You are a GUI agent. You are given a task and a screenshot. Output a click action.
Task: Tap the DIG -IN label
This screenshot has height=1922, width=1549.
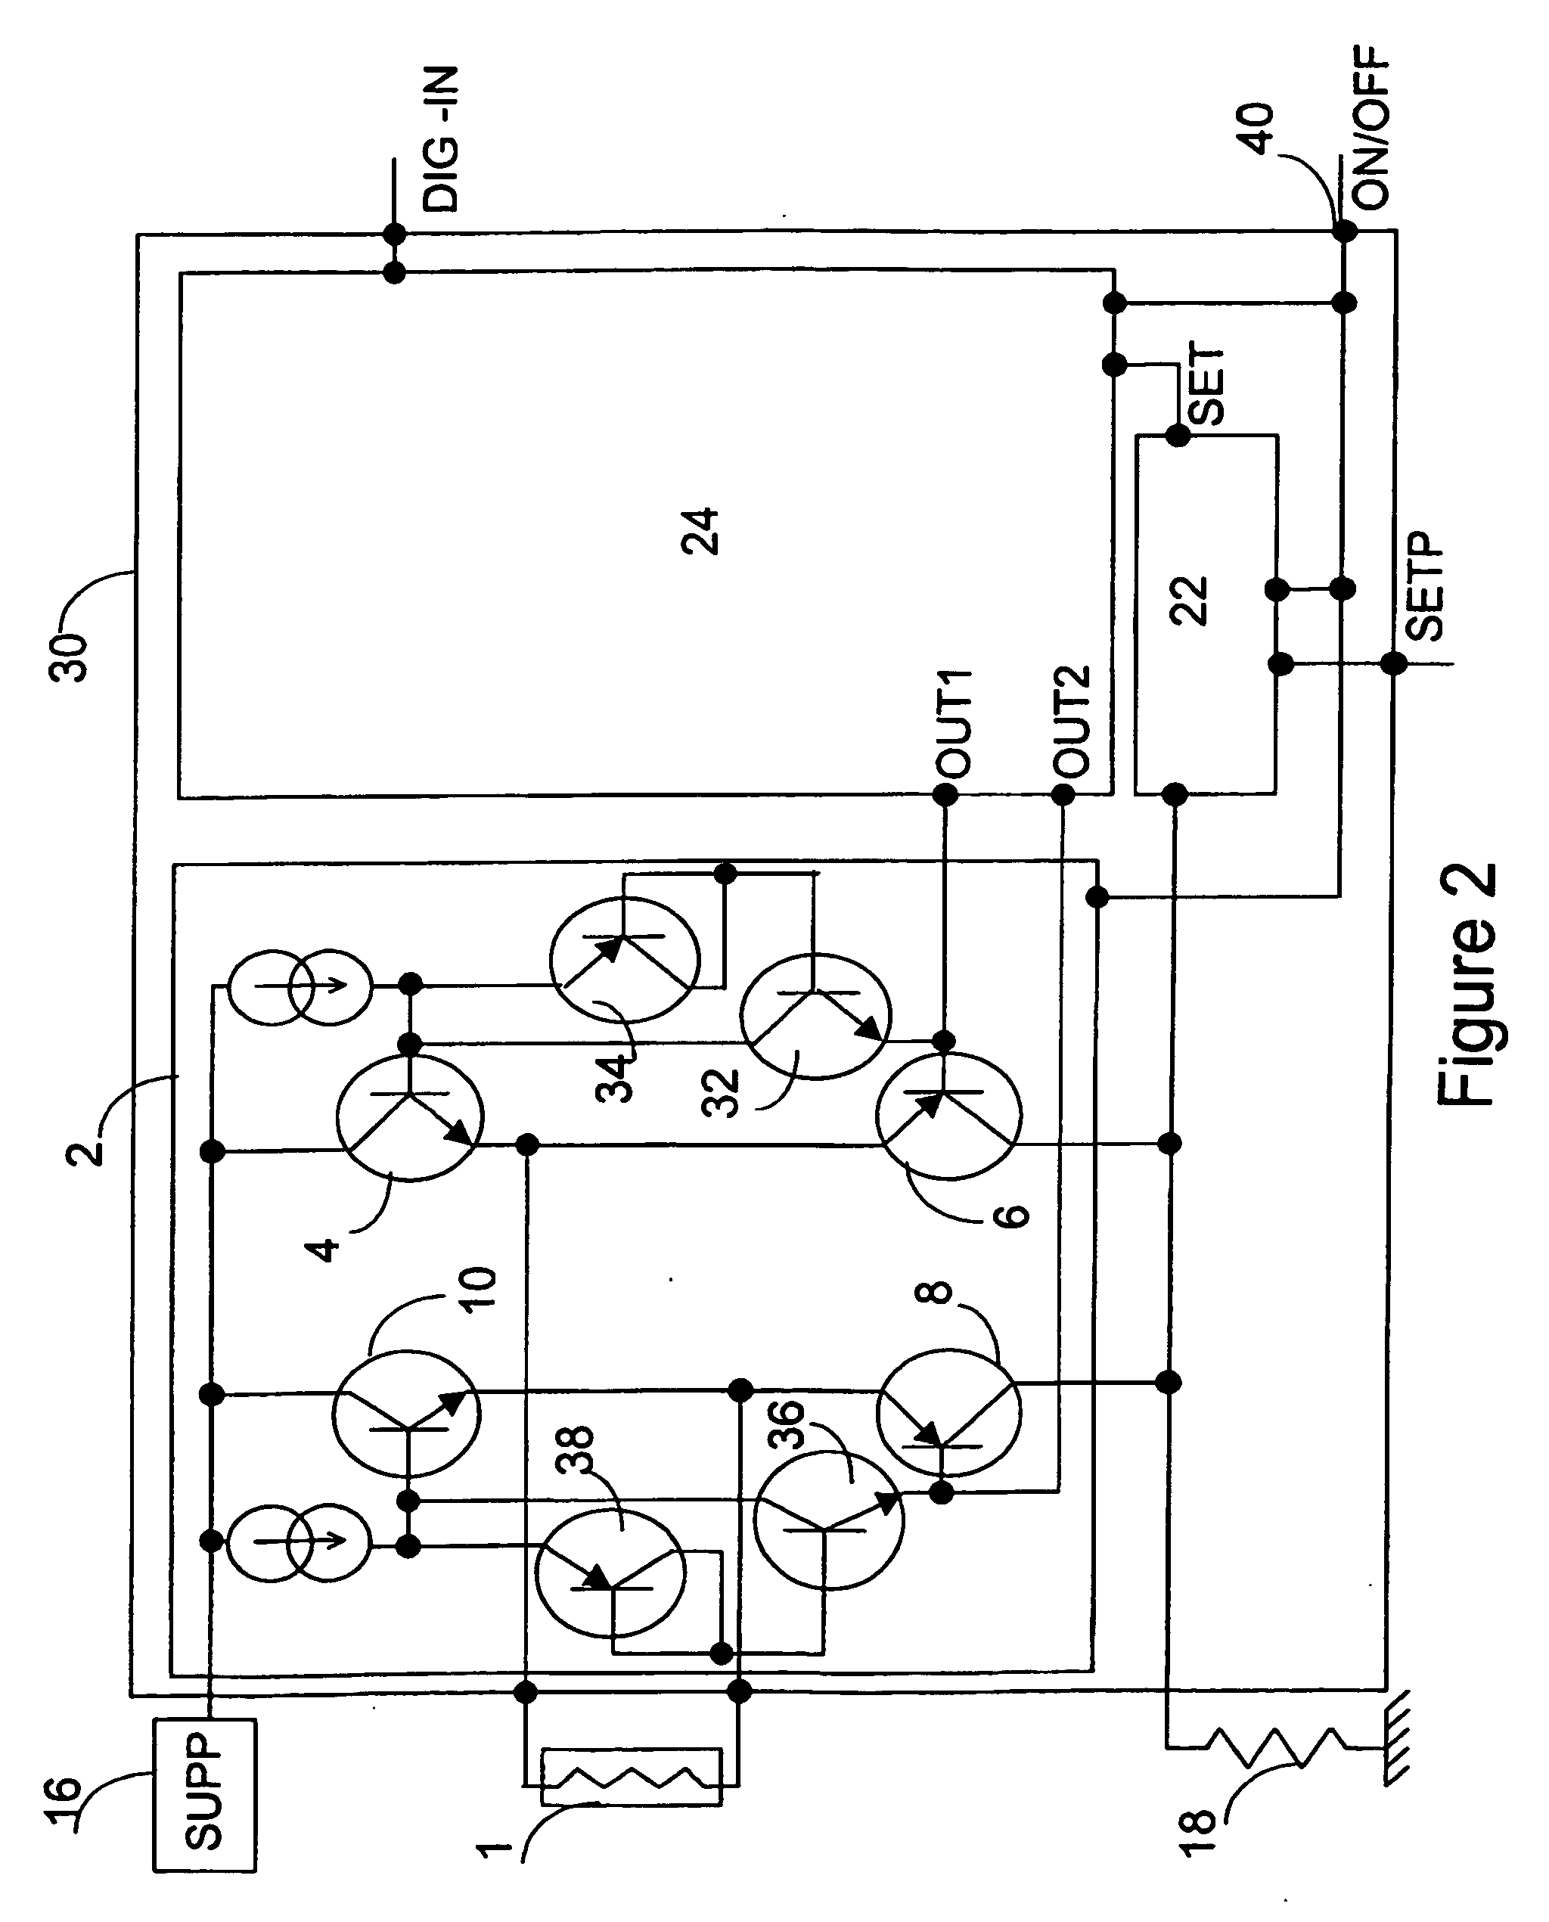click(441, 138)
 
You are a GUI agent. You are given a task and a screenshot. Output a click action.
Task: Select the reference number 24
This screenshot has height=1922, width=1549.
click(700, 532)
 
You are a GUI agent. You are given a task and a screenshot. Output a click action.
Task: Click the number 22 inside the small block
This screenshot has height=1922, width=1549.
click(1190, 601)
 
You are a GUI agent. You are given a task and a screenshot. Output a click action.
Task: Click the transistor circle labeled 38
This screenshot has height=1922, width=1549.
click(610, 1574)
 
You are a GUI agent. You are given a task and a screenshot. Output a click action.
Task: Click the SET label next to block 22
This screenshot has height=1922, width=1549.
click(1207, 384)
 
